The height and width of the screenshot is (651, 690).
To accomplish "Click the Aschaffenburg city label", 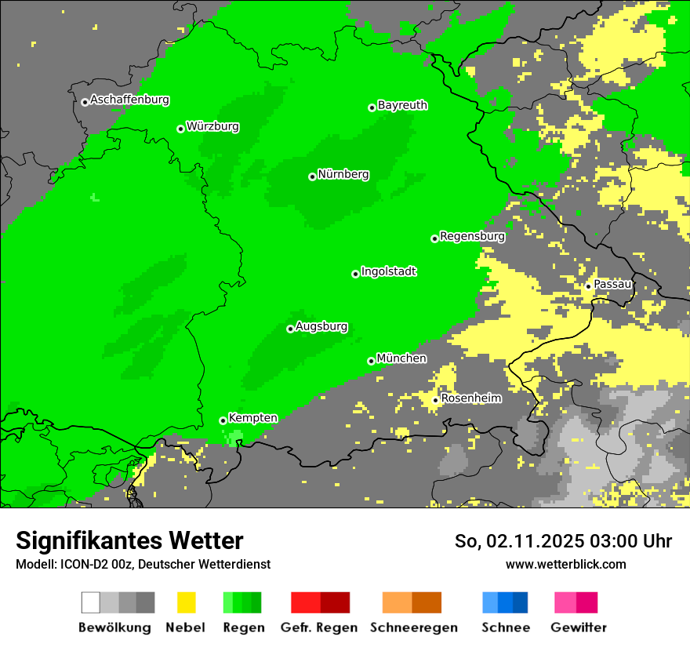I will coord(129,100).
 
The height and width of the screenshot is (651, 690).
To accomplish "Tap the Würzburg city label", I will coord(212,126).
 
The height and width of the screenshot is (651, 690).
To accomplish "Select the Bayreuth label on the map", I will coord(402,105).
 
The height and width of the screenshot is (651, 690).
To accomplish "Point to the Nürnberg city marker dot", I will coord(312,176).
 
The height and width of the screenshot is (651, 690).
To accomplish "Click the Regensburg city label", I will coord(472,236).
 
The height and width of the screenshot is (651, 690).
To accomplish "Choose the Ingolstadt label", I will coord(388,271).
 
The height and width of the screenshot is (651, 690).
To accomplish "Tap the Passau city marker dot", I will coord(588,286).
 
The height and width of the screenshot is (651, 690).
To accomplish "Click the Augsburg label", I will coord(321,326).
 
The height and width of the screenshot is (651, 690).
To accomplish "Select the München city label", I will coord(401,358).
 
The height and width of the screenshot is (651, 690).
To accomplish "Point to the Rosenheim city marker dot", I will coord(436,401).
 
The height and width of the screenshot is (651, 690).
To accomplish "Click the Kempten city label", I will coord(252,418).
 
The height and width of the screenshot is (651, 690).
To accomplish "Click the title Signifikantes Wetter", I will coord(129,540).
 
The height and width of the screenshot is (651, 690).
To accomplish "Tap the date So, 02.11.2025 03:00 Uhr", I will coord(563,541).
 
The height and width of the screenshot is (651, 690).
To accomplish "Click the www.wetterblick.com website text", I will coord(565,564).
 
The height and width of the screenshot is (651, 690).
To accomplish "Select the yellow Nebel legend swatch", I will coord(186,602).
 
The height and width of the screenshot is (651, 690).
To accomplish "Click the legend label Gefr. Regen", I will coord(318,627).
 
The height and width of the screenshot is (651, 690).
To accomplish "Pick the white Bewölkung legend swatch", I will coord(91,602).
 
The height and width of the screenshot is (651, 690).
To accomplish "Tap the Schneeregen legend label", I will coord(413,627).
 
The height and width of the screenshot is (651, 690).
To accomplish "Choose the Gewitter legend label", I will coord(578,627).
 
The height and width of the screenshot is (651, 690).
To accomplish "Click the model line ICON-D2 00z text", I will coord(143,564).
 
